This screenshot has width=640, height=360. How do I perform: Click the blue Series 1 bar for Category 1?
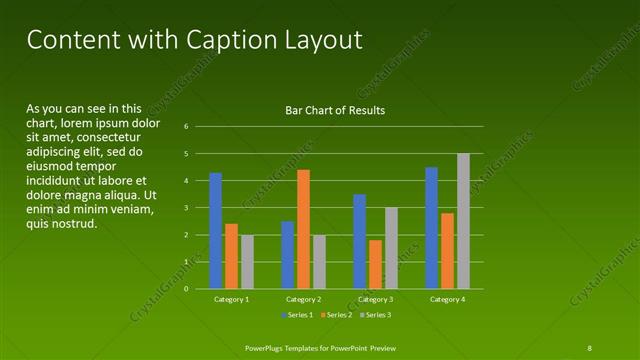point(216,231)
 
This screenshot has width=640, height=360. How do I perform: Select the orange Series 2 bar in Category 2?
point(304,229)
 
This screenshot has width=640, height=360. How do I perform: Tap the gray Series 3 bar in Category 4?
point(464,221)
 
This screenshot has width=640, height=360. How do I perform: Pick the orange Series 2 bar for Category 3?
point(375,264)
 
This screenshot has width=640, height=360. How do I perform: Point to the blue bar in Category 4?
point(432,228)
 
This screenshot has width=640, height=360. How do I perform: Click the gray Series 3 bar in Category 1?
point(247,262)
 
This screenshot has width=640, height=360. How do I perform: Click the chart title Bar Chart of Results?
point(335,110)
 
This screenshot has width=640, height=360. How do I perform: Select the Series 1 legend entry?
point(298,315)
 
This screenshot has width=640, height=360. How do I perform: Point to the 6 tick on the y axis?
point(186,127)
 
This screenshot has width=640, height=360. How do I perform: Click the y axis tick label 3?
point(186,208)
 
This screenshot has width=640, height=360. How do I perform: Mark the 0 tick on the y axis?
point(186,289)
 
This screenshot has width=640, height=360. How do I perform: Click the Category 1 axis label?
point(232,299)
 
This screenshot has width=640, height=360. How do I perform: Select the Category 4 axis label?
point(448,299)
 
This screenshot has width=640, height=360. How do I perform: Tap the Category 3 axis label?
point(376,299)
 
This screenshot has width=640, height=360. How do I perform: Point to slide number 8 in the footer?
point(589,347)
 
